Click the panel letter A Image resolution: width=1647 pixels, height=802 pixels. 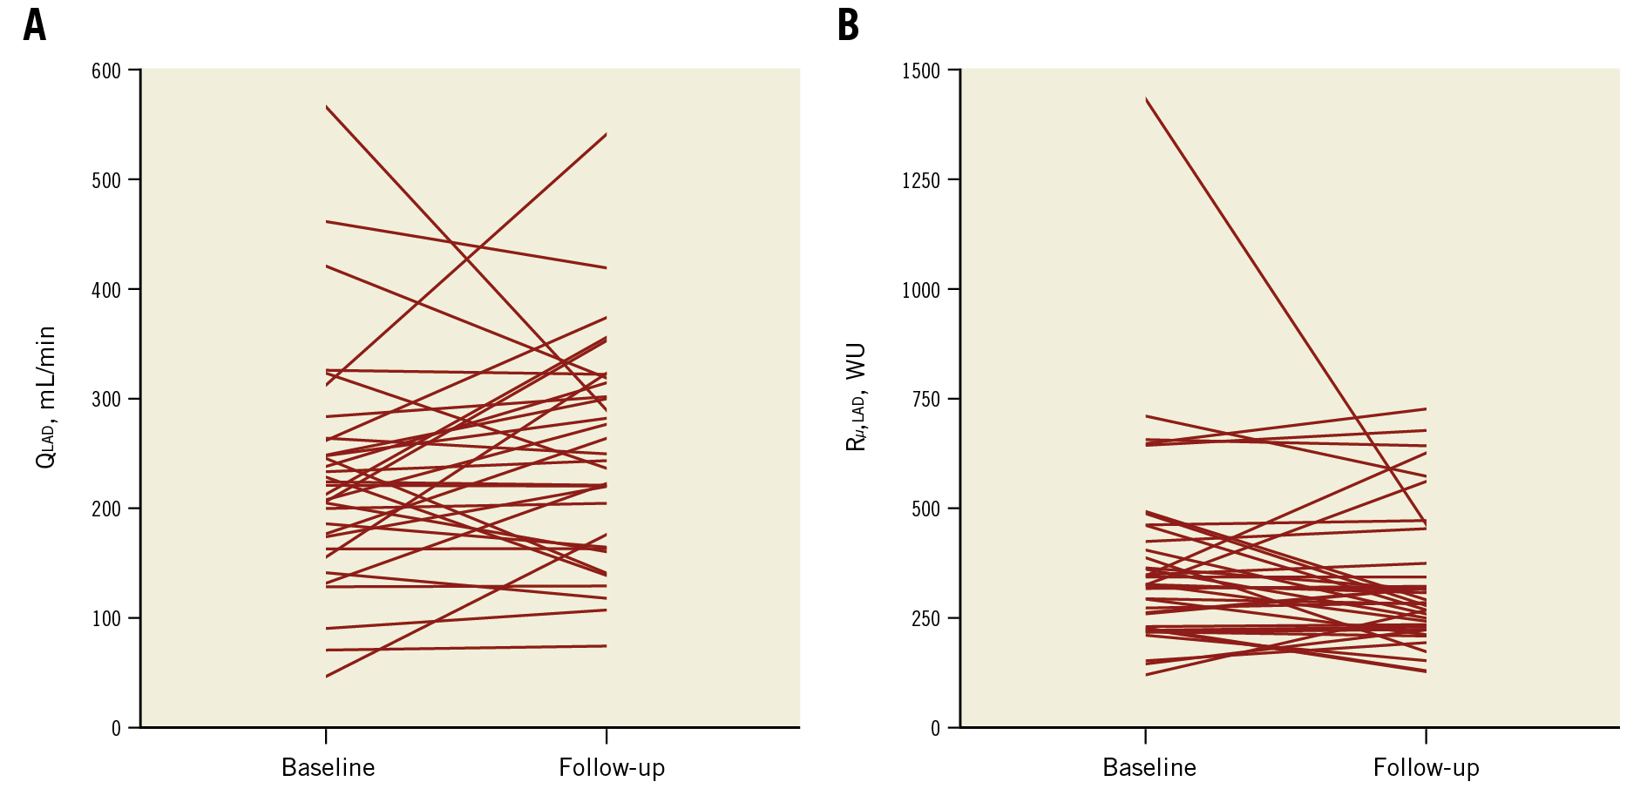(34, 25)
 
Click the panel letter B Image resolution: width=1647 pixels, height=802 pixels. (848, 25)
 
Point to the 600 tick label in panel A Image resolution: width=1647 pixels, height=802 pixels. (105, 71)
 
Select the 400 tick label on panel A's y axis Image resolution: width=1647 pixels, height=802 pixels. (105, 290)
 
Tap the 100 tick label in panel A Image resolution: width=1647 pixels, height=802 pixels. (105, 619)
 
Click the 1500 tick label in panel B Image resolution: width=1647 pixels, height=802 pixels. (920, 71)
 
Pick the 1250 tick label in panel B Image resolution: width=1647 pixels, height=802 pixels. (920, 180)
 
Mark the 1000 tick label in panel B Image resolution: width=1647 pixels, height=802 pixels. (920, 290)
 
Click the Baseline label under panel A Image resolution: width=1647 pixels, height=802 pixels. (328, 768)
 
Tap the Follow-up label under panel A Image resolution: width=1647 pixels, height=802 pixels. (612, 768)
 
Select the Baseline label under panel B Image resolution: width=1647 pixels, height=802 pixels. (1149, 768)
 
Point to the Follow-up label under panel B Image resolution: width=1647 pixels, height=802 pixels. (1426, 768)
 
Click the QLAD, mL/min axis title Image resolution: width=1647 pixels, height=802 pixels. (45, 397)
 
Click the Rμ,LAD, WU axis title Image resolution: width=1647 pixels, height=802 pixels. (857, 397)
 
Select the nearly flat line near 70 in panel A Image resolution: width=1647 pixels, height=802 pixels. (466, 648)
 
